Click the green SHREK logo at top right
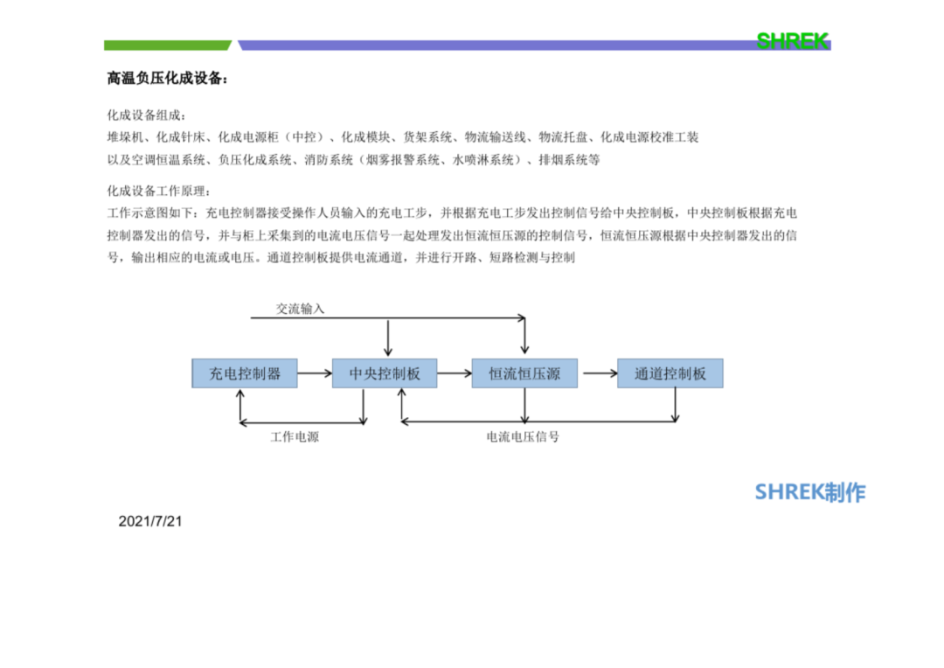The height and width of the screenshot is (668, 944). click(x=793, y=41)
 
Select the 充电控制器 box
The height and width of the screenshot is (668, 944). click(x=245, y=373)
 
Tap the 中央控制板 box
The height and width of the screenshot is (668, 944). click(x=385, y=373)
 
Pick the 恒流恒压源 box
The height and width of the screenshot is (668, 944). click(x=524, y=373)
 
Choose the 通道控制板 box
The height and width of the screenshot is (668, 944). click(x=670, y=373)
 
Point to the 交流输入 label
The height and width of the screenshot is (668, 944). click(x=300, y=309)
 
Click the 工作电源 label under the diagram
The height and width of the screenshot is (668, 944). click(x=295, y=436)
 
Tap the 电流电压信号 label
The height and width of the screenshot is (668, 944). click(x=523, y=436)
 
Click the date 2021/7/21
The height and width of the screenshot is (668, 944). click(x=150, y=522)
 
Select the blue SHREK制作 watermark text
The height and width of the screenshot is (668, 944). click(x=810, y=492)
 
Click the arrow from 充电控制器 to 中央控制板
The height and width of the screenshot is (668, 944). click(x=315, y=373)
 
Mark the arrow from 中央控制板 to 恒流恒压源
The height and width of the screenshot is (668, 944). click(x=455, y=373)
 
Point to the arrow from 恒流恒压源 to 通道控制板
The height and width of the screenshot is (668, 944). click(x=600, y=373)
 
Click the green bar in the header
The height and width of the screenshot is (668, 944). click(x=167, y=45)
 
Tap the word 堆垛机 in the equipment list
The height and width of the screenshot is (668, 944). click(x=125, y=137)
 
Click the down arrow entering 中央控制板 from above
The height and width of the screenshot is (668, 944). click(x=388, y=337)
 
